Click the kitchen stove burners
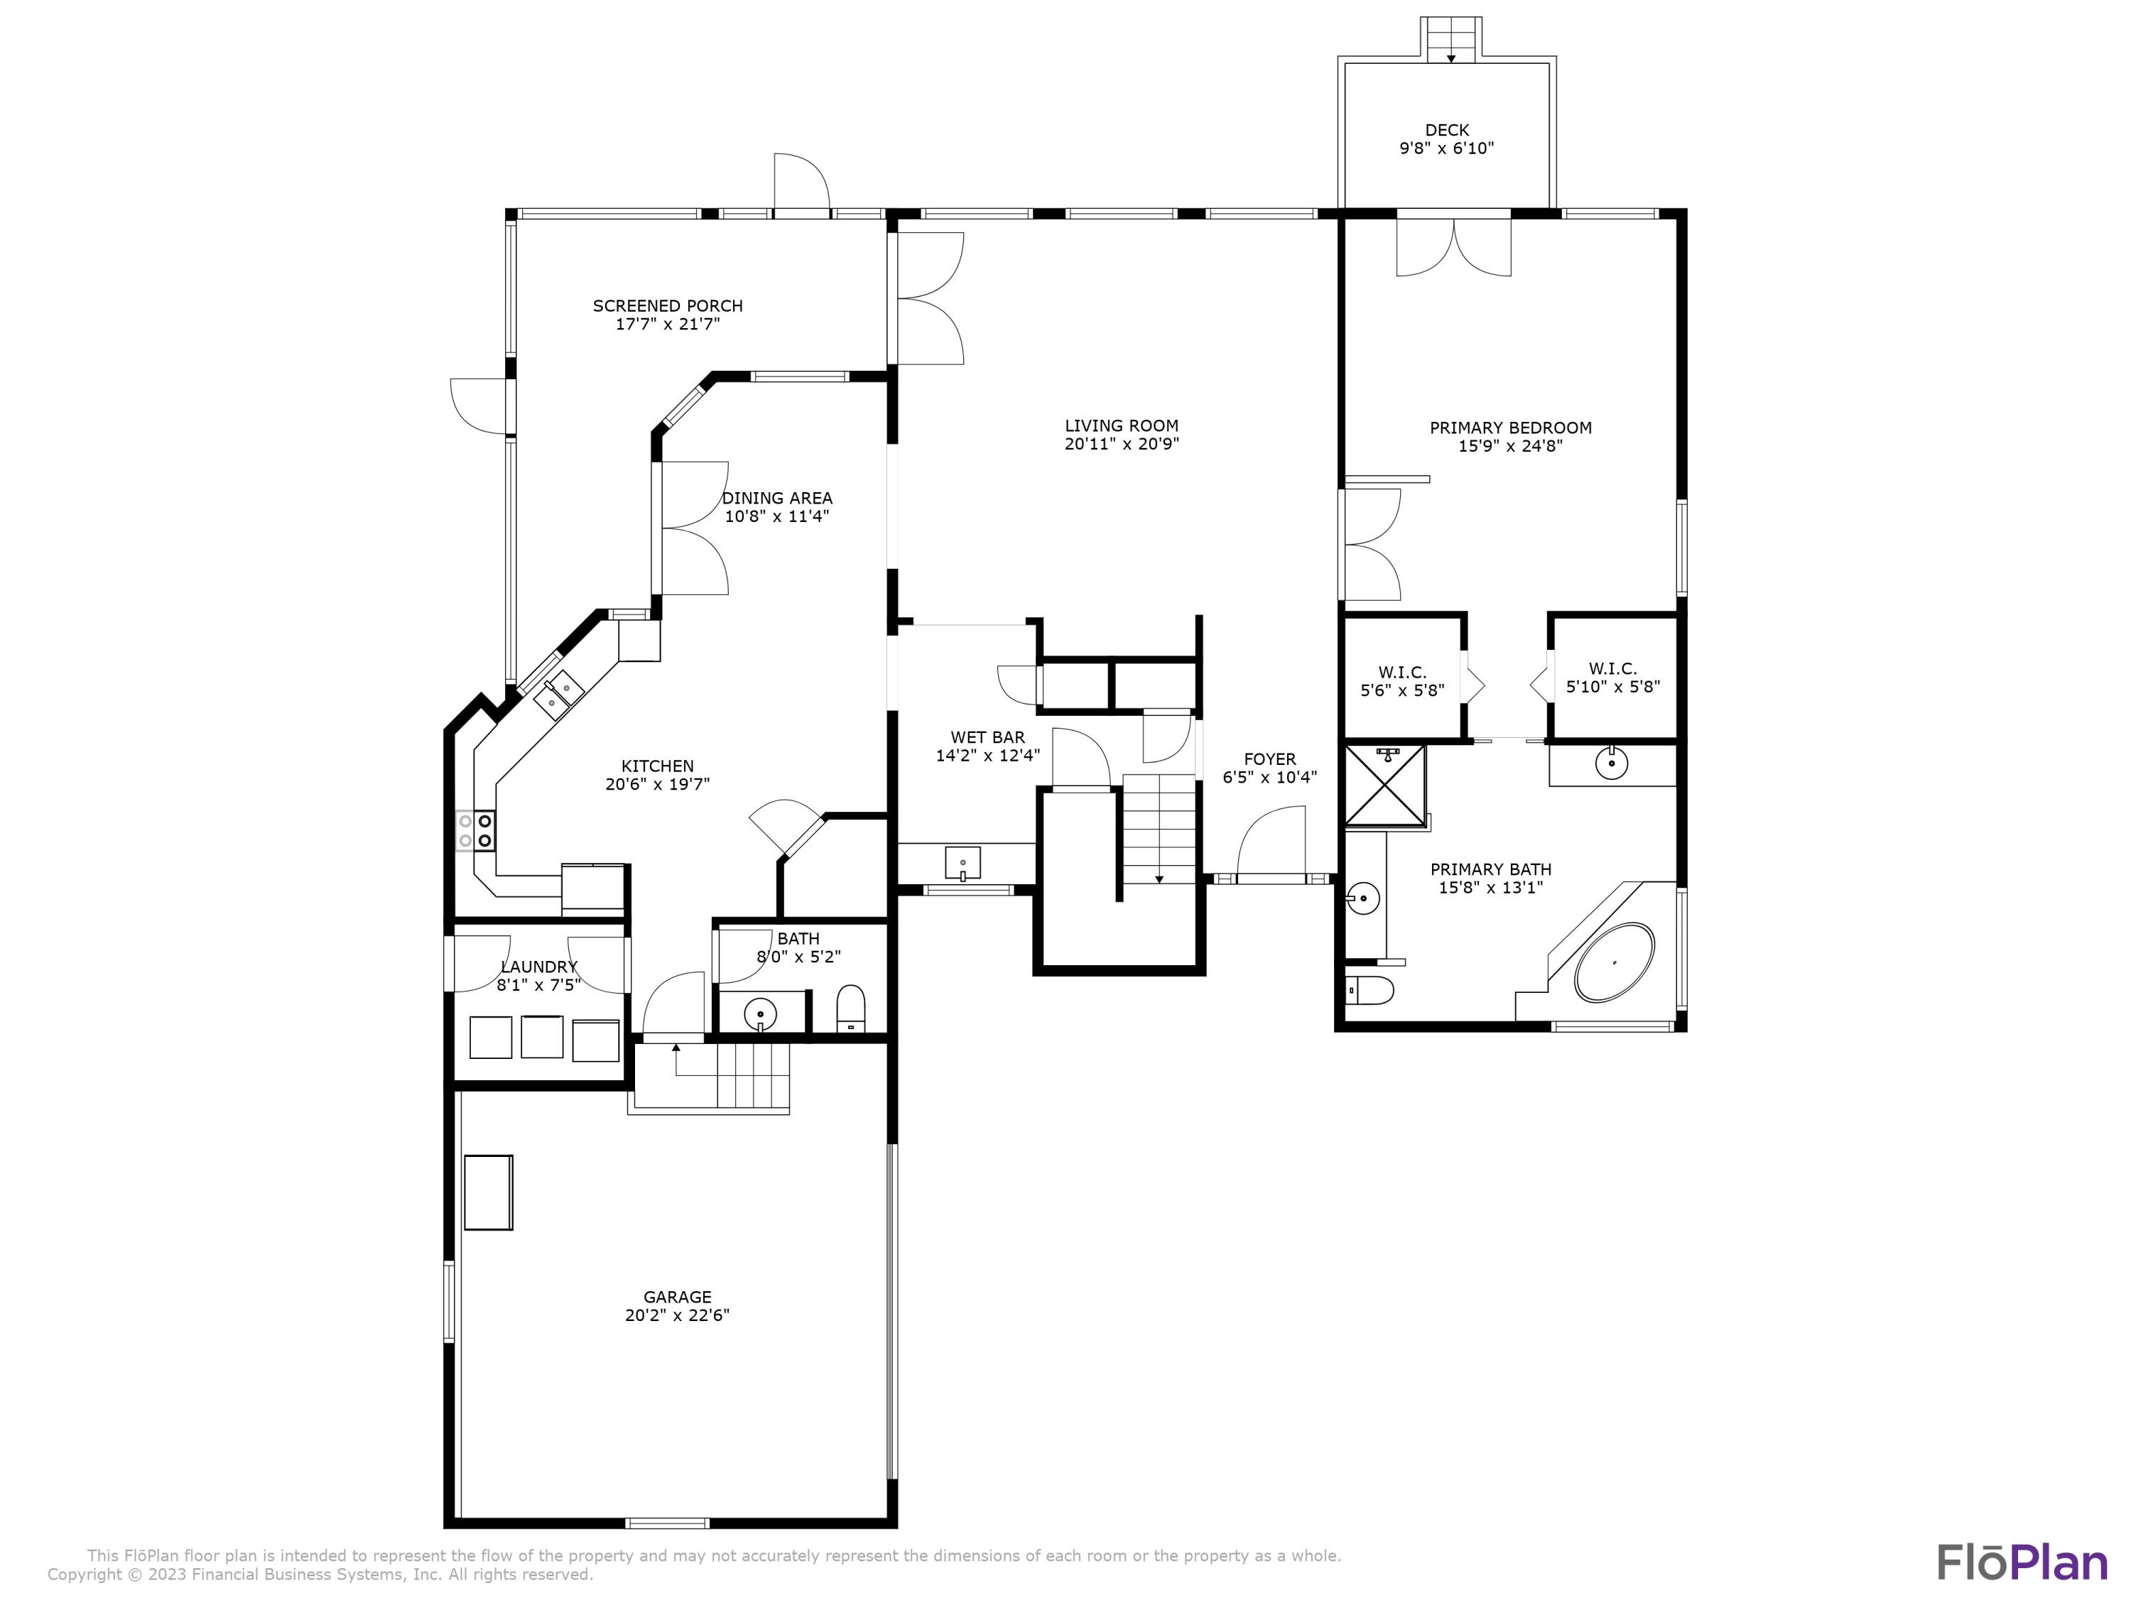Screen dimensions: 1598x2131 476,831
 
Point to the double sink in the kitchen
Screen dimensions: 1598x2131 560,695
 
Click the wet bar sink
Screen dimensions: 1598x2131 963,862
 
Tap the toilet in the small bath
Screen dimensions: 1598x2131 851,1009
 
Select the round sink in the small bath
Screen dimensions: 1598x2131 761,1014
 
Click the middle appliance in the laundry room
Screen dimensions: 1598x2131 541,1036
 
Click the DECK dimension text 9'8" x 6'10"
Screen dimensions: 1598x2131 1446,148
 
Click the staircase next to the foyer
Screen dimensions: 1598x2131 1159,828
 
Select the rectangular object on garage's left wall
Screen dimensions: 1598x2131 489,1192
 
